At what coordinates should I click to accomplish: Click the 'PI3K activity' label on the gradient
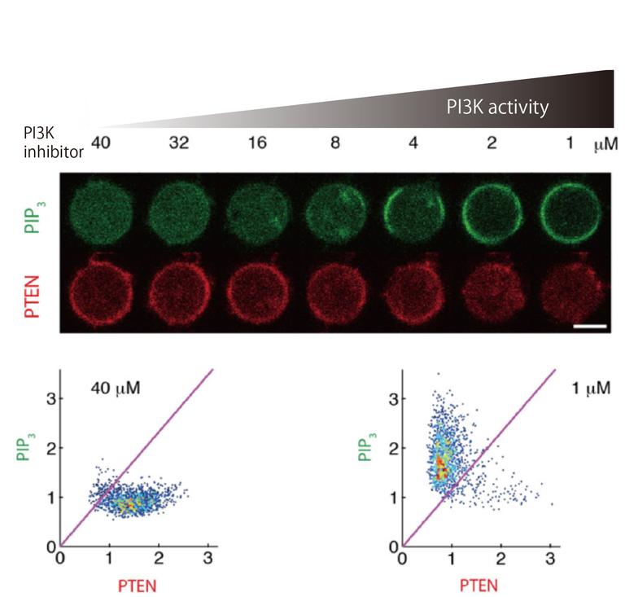pyautogui.click(x=496, y=107)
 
